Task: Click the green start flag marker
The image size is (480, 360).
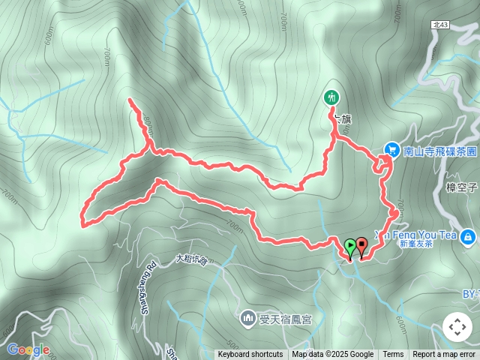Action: point(349,245)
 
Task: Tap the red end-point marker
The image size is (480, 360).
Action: point(362,244)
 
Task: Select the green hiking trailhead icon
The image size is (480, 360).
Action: point(331,97)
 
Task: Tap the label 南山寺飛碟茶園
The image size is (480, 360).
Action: point(439,151)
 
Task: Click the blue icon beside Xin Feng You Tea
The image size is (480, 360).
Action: point(468,237)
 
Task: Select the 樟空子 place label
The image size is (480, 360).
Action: point(460,187)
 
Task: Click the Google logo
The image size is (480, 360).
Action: point(28,349)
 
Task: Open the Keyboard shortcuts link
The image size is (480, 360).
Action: point(250,355)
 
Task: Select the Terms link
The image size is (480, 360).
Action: point(393,355)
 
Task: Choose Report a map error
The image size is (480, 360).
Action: point(445,355)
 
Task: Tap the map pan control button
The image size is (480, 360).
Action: point(457,327)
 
